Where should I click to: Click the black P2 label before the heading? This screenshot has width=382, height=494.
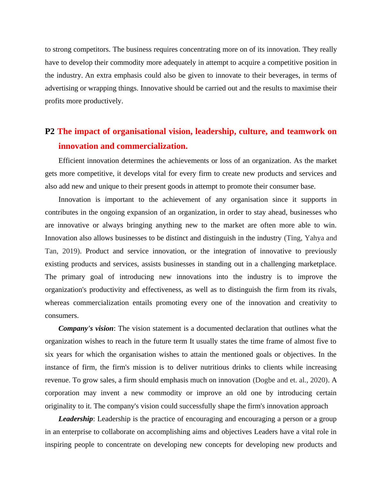tap(50, 132)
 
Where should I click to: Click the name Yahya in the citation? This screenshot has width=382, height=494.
tap(315, 238)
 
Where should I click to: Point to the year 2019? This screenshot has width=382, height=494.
tap(70, 251)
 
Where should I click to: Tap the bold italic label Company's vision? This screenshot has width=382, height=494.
tap(86, 328)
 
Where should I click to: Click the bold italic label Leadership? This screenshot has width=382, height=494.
tap(75, 419)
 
